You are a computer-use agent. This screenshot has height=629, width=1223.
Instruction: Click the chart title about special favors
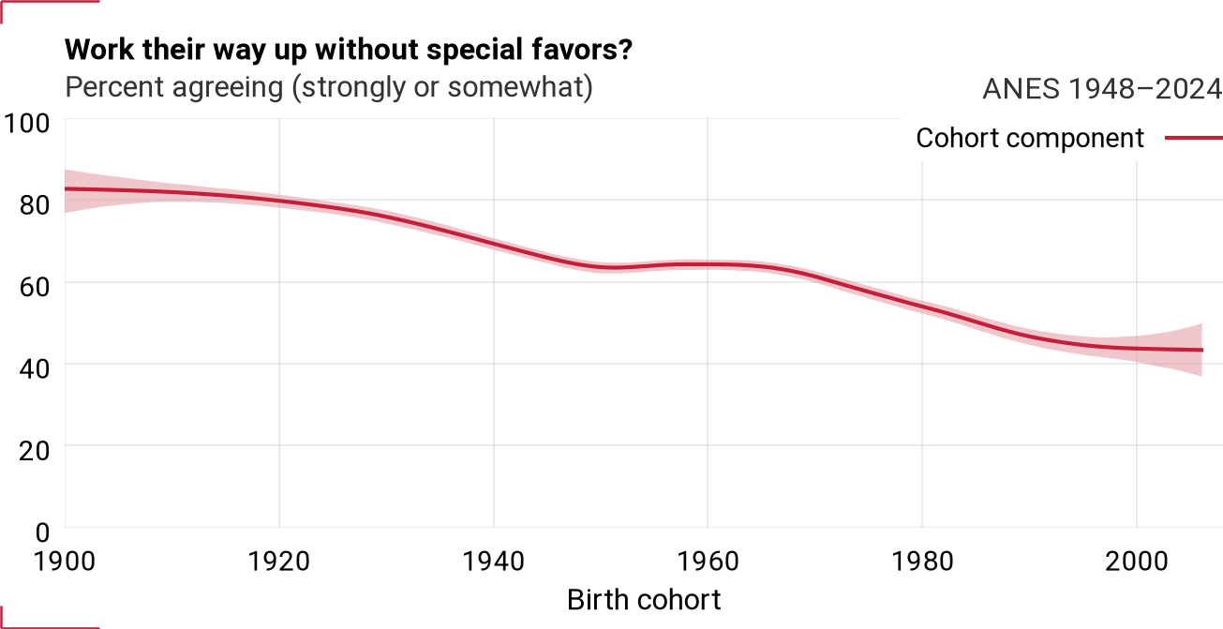point(349,51)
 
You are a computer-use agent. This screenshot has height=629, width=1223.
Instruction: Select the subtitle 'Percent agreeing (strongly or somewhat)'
point(329,87)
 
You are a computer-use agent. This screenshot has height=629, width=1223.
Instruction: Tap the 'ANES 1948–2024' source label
point(1102,89)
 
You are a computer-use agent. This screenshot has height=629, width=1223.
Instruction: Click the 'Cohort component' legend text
point(1030,138)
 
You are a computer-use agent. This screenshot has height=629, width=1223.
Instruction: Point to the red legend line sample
point(1194,138)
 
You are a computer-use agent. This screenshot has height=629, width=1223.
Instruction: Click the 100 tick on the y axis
point(27,124)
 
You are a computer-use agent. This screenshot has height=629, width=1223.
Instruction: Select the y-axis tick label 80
point(35,205)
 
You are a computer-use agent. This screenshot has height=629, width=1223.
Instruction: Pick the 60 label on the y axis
point(35,287)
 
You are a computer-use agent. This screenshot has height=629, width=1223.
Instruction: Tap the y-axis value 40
point(35,369)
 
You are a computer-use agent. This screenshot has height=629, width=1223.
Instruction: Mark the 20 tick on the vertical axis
point(35,451)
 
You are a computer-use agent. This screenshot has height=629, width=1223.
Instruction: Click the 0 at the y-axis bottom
point(42,532)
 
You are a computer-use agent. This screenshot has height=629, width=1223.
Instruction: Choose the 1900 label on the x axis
point(65,562)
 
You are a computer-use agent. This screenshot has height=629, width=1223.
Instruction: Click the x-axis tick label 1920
point(279,562)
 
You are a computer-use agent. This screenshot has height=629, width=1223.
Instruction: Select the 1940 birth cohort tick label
point(494,562)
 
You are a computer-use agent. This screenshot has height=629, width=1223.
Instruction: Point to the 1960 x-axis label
point(708,562)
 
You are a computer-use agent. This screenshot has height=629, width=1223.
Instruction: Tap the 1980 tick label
point(923,562)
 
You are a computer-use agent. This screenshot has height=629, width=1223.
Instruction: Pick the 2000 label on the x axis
point(1137,562)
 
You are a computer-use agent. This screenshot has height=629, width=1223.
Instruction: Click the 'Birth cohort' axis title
point(644,600)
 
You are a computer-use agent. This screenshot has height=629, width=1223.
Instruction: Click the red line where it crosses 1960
point(708,265)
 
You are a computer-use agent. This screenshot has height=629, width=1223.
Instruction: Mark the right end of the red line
point(1202,350)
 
